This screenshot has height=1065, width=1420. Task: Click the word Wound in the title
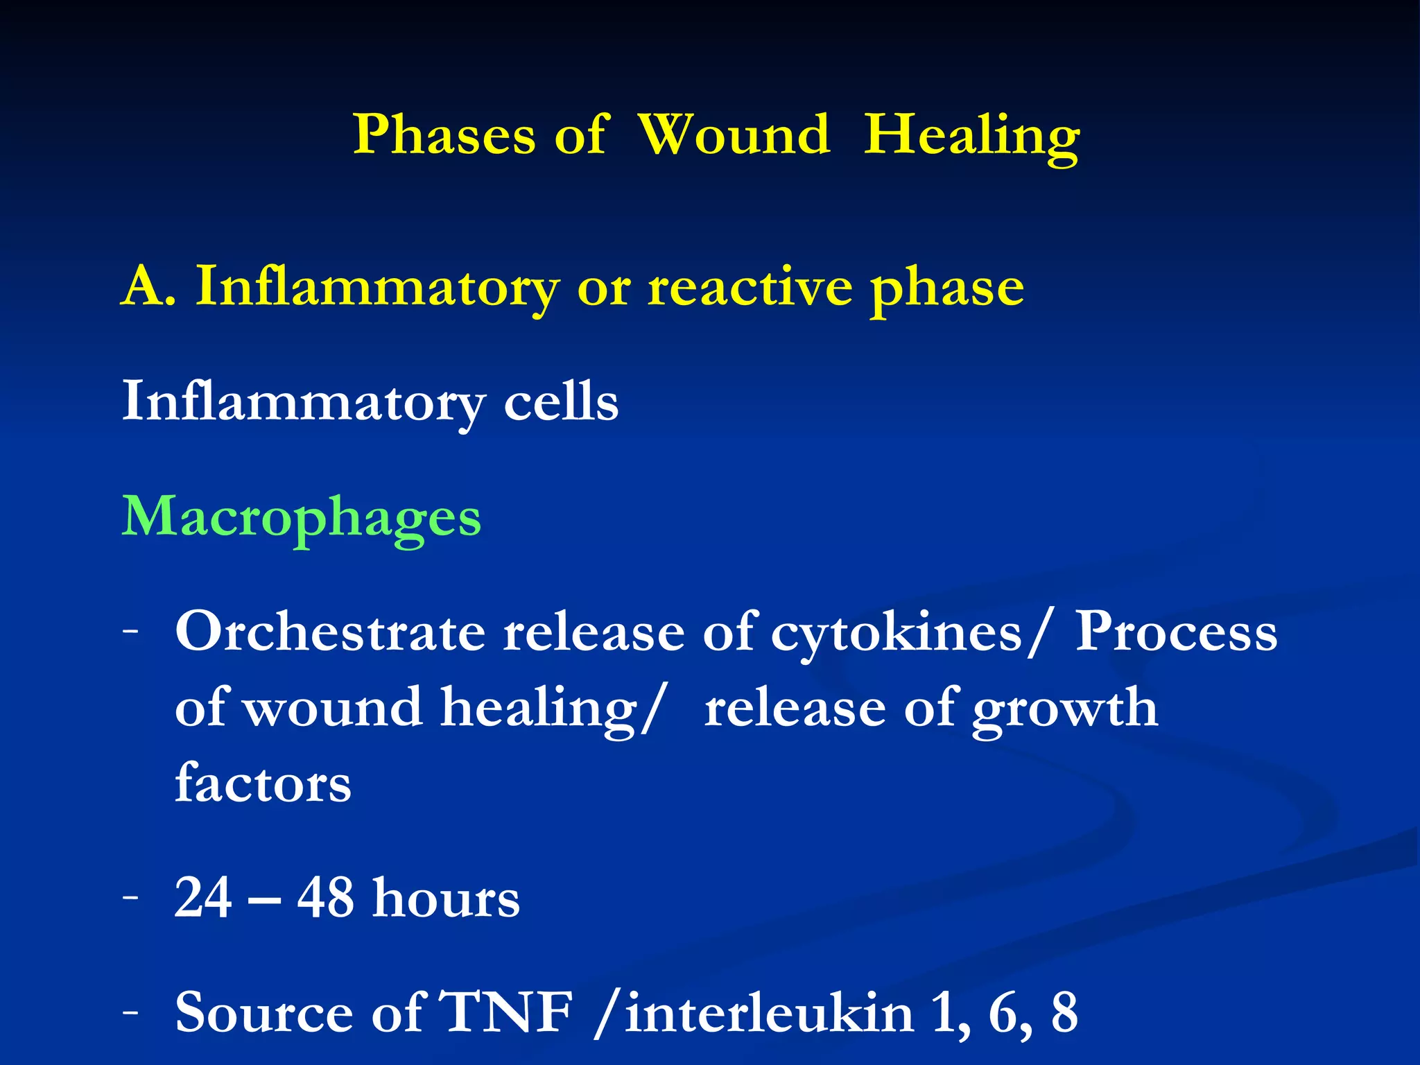click(734, 135)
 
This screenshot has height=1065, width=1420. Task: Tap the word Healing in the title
click(971, 136)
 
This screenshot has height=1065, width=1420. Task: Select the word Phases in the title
click(444, 135)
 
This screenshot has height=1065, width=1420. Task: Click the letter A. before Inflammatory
click(148, 287)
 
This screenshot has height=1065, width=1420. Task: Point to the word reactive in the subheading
click(750, 287)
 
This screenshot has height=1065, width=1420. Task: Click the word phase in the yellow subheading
click(947, 290)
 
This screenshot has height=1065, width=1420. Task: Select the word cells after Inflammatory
click(560, 401)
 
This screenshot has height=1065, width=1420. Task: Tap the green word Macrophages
click(302, 517)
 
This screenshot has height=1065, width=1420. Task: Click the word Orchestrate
click(330, 632)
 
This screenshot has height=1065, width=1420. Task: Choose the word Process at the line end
click(1175, 632)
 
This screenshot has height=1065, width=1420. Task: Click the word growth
click(1064, 709)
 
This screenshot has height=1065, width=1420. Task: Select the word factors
click(263, 783)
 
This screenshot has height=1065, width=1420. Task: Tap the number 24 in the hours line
click(202, 898)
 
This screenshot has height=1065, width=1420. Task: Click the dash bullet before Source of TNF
click(130, 1011)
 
